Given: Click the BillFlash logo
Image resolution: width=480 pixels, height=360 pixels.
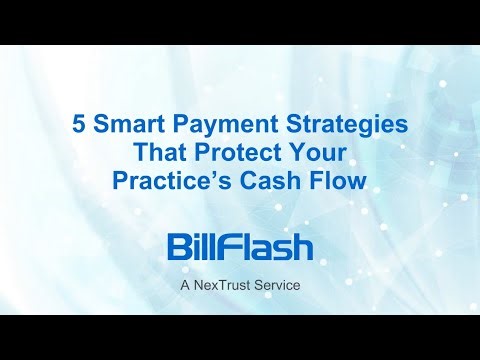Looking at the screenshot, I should [240, 246].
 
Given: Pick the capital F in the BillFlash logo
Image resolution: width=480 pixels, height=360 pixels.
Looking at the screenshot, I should [233, 247].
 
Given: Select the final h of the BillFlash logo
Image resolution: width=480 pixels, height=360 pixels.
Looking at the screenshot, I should [301, 247].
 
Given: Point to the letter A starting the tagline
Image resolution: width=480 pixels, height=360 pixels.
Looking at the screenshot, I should [185, 285].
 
